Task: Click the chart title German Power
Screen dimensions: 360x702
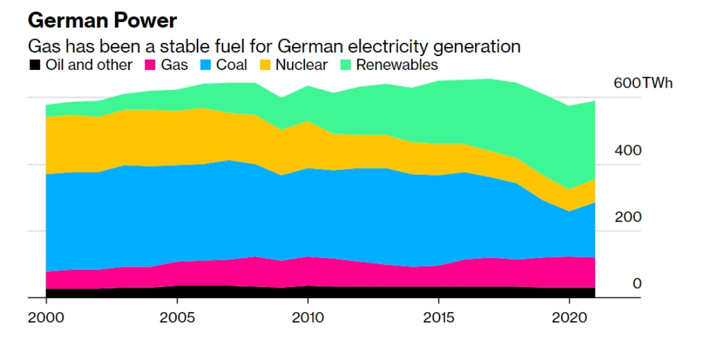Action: [102, 21]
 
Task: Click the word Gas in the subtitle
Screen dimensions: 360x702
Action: [41, 47]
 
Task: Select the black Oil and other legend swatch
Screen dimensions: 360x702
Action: [35, 65]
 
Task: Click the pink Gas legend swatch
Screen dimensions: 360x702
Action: [151, 65]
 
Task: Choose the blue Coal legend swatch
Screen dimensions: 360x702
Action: [206, 65]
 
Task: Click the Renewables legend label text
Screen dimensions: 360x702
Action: [397, 65]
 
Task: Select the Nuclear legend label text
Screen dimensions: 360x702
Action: [301, 65]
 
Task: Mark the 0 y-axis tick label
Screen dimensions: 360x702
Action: [637, 284]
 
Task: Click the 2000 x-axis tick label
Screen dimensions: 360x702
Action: [46, 317]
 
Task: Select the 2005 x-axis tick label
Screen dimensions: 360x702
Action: [177, 317]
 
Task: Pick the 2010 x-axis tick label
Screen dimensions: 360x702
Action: [308, 317]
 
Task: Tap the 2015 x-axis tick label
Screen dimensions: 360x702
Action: [438, 317]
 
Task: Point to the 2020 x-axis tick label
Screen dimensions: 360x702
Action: [569, 317]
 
